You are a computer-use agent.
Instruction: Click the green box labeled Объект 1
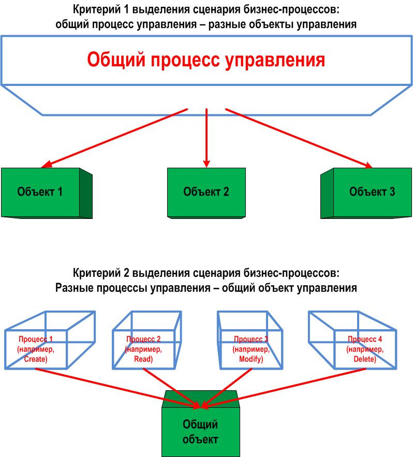pyautogui.click(x=40, y=193)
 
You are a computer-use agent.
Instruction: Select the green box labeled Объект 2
pyautogui.click(x=206, y=193)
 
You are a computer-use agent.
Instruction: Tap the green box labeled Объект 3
pyautogui.click(x=372, y=193)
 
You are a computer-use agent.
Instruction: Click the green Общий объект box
pyautogui.click(x=200, y=432)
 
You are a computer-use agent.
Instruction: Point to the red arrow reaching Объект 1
pyautogui.click(x=114, y=138)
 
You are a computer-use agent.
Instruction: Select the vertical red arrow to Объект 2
pyautogui.click(x=207, y=137)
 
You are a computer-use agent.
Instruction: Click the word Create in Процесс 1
pyautogui.click(x=36, y=359)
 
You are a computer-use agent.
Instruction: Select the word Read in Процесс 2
pyautogui.click(x=143, y=359)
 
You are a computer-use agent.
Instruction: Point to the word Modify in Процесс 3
pyautogui.click(x=251, y=359)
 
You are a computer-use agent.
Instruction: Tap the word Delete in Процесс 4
pyautogui.click(x=364, y=359)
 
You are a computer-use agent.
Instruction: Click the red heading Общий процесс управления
pyautogui.click(x=206, y=60)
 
